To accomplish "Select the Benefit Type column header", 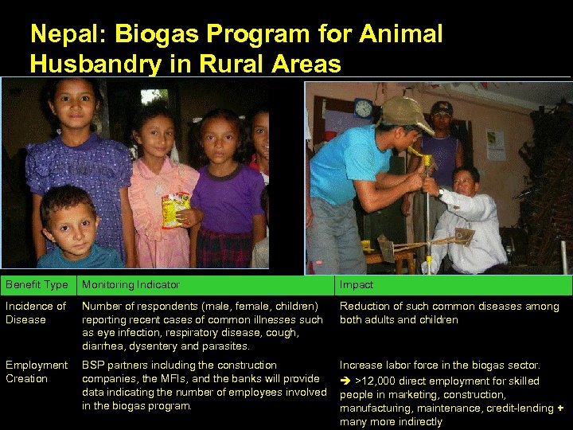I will (x=37, y=284).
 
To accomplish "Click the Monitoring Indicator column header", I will (x=131, y=284).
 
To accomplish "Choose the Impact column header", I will (x=357, y=284).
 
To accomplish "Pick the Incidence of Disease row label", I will (x=35, y=313).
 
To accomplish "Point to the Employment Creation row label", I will (x=37, y=372).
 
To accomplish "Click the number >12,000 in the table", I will (x=380, y=381).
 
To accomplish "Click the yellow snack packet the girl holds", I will (x=175, y=209).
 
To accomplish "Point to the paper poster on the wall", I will (x=495, y=144).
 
